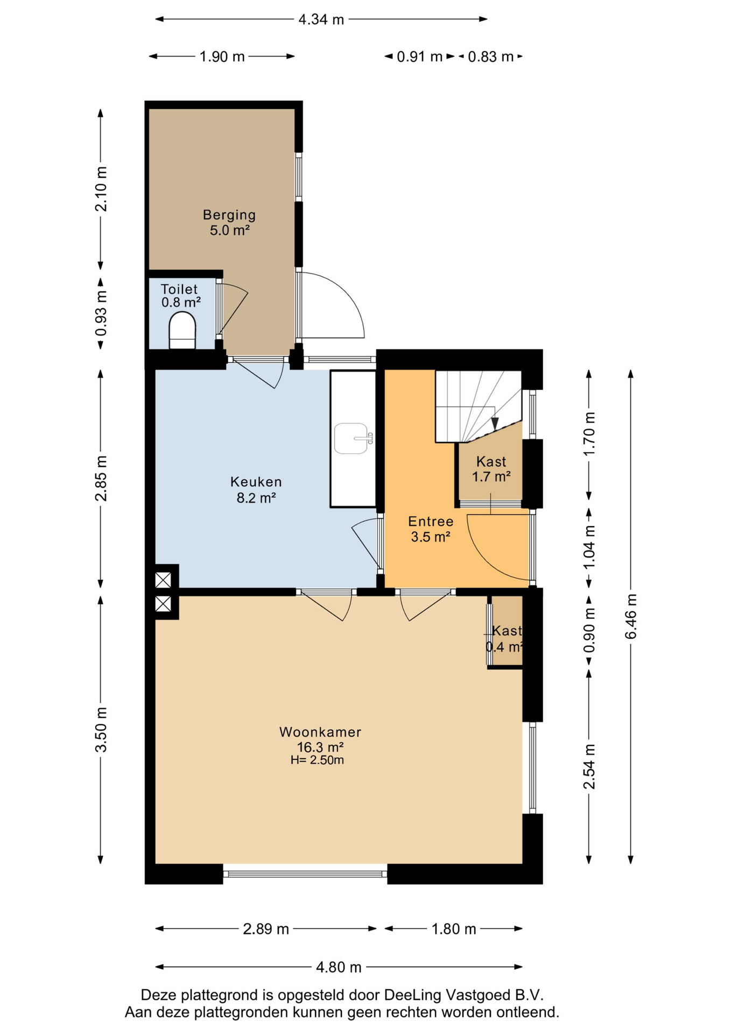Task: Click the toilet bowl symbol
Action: [182, 330]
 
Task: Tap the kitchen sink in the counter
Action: [353, 438]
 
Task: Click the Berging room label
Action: [229, 215]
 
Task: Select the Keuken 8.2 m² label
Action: [256, 490]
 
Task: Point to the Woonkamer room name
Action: [320, 732]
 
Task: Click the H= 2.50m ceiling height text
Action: [317, 760]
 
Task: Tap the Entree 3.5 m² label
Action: [431, 529]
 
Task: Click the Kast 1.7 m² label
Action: [491, 469]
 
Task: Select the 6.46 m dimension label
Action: [631, 617]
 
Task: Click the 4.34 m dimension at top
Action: [321, 20]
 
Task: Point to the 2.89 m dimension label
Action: [266, 929]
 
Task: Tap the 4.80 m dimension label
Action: [339, 967]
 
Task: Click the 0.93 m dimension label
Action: [101, 313]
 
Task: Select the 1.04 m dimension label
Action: [589, 547]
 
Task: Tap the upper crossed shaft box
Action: [163, 580]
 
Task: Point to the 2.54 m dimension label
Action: [589, 767]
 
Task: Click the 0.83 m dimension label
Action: [490, 57]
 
